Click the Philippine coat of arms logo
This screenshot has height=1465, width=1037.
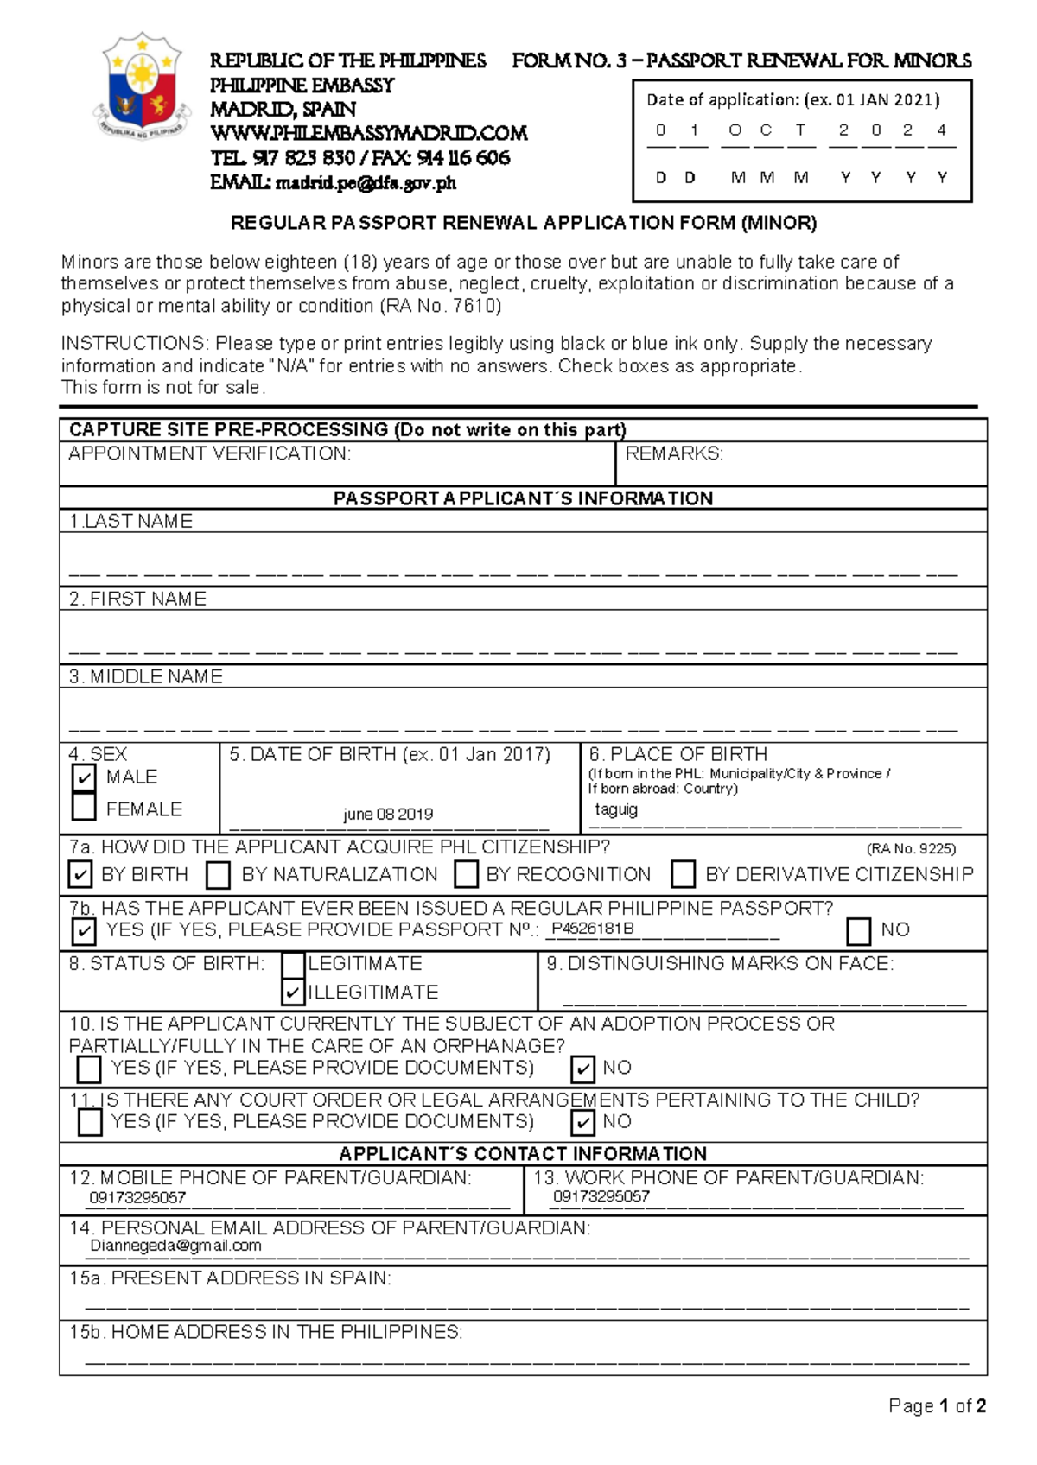tap(142, 86)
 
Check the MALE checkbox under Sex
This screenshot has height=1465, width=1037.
tap(84, 777)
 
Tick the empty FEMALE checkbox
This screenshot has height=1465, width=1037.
tap(84, 807)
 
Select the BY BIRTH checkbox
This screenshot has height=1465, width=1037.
tap(80, 874)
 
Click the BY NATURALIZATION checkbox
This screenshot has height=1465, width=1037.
tap(219, 875)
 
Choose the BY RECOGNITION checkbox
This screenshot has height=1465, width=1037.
tap(467, 874)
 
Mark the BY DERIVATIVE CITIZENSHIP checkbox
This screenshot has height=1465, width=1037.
tap(684, 874)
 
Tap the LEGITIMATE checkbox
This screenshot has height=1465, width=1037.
tap(293, 964)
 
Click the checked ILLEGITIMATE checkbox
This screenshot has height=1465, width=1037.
tap(293, 993)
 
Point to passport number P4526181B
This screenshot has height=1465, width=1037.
tap(593, 929)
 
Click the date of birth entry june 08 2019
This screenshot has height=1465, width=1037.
tap(388, 814)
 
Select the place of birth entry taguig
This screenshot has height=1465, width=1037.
tap(616, 809)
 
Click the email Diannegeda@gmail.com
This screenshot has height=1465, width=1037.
tap(175, 1246)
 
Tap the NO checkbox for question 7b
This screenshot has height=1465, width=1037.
tap(859, 931)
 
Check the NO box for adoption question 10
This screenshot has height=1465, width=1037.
tap(583, 1069)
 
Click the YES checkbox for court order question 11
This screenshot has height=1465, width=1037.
tap(90, 1122)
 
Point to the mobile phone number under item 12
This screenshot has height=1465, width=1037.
tap(138, 1198)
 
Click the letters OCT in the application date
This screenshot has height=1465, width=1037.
tap(766, 130)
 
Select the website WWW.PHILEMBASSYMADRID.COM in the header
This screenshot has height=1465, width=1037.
tap(369, 134)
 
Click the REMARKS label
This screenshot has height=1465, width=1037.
tap(674, 454)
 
